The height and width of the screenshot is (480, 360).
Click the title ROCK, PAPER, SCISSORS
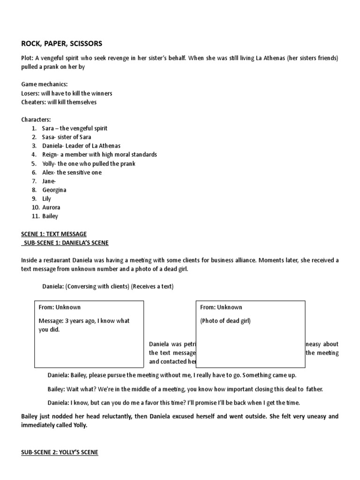tap(61, 44)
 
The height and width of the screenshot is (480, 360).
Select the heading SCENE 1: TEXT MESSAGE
tap(54, 234)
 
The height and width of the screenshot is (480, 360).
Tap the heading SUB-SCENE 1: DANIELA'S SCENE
tap(65, 242)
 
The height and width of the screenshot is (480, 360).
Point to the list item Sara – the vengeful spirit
tap(75, 128)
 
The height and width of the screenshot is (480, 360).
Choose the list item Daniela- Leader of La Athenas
tap(81, 146)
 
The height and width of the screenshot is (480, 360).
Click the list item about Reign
tap(99, 154)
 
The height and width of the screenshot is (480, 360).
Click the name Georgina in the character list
tap(54, 190)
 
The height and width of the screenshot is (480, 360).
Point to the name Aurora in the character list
tap(51, 207)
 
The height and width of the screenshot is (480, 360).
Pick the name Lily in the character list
tap(46, 199)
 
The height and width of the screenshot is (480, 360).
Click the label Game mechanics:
tap(45, 84)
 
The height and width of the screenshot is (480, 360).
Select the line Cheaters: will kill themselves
tap(59, 102)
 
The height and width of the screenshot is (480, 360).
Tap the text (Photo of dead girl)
tap(225, 321)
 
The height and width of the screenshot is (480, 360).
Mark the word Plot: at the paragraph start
tap(28, 58)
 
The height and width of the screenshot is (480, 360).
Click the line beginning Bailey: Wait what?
tap(185, 389)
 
